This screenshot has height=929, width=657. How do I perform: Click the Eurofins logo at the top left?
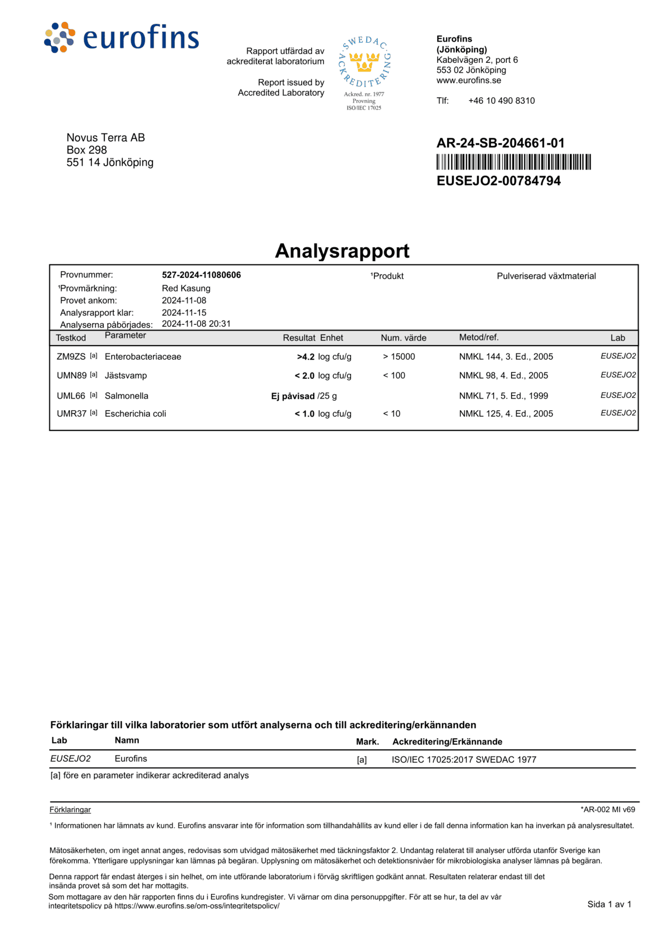[x=121, y=37]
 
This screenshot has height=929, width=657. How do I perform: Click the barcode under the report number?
[x=513, y=162]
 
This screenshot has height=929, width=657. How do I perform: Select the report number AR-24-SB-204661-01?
[x=500, y=143]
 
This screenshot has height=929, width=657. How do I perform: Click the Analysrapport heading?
[x=342, y=251]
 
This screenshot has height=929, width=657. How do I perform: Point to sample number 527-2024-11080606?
[x=201, y=275]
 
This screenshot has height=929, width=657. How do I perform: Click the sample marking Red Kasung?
[x=186, y=288]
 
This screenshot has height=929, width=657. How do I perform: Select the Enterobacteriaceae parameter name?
[x=143, y=357]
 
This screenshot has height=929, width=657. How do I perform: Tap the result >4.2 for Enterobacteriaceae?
[x=306, y=357]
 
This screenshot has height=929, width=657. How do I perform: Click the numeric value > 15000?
[x=399, y=357]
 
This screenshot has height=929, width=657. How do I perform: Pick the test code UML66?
[x=71, y=396]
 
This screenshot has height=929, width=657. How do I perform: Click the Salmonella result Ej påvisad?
[x=293, y=396]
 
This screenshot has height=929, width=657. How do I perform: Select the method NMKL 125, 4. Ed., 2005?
[x=506, y=414]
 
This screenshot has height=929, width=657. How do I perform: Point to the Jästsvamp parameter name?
[x=126, y=376]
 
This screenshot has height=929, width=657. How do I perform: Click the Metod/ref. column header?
[x=479, y=337]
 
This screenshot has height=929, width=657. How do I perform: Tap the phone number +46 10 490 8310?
[x=501, y=101]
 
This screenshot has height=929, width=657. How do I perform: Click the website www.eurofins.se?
[x=468, y=80]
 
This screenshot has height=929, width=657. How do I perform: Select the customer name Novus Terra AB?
[x=105, y=138]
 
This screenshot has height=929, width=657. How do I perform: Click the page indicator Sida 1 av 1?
[x=609, y=904]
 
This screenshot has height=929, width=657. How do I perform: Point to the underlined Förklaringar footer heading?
[x=70, y=810]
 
